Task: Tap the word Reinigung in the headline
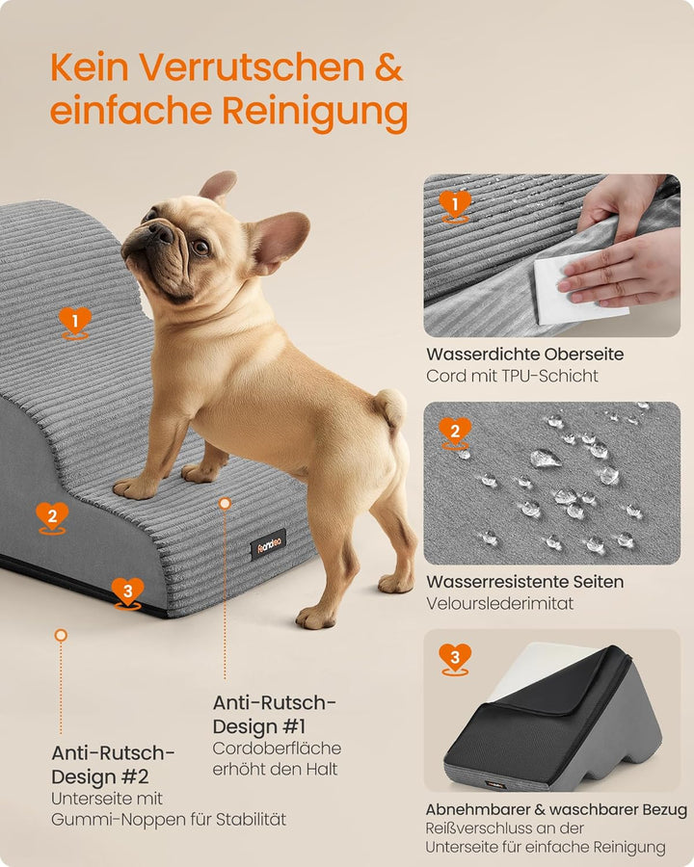[x=314, y=112]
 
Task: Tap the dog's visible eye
[x=200, y=247]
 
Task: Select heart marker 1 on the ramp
[x=75, y=321]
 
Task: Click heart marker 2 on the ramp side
[x=52, y=516]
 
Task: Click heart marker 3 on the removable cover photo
[x=455, y=659]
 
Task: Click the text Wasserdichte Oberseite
[x=524, y=354]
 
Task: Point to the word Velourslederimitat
[x=499, y=603]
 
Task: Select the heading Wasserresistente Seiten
[x=524, y=581]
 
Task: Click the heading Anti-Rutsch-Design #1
[x=276, y=714]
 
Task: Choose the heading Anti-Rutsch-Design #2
[x=113, y=764]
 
